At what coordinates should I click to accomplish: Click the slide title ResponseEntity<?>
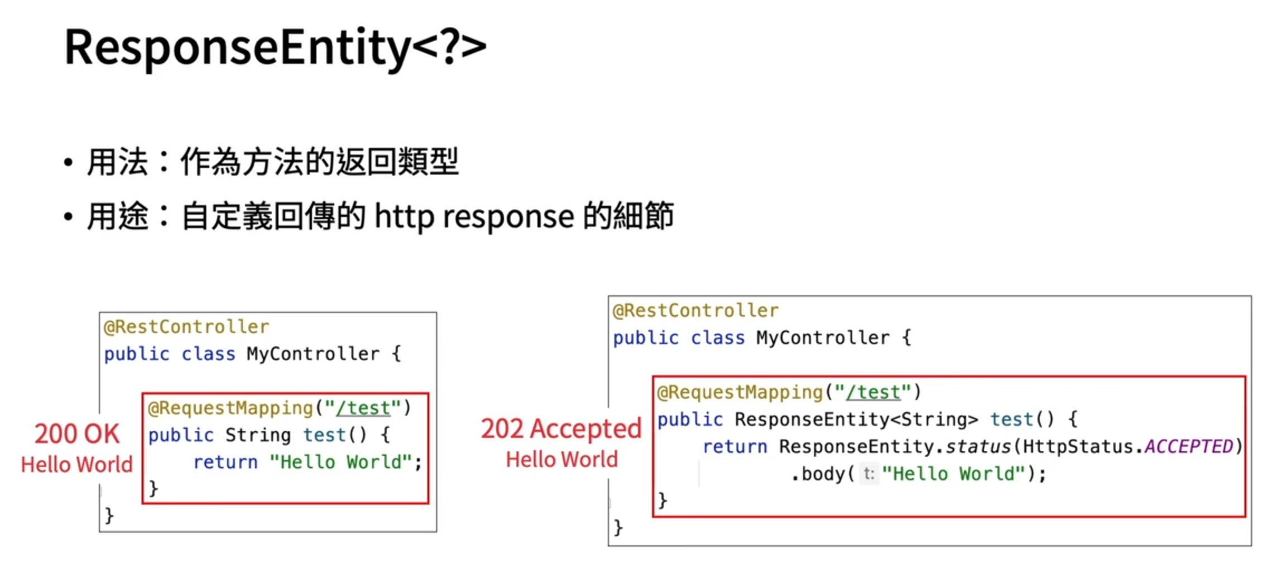point(275,47)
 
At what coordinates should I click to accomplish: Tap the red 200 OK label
point(77,434)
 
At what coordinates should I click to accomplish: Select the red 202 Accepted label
point(561,429)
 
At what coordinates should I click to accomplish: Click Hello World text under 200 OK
point(77,465)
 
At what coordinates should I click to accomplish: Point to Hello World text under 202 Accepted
point(561,460)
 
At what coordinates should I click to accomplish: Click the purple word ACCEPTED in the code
point(1189,446)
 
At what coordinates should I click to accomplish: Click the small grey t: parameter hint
point(868,474)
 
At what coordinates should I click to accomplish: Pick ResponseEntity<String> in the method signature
point(856,419)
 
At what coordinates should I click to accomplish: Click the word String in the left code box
point(258,435)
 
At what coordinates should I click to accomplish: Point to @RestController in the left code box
point(186,327)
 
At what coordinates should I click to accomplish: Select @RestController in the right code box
point(695,311)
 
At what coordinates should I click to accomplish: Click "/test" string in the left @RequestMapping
point(363,408)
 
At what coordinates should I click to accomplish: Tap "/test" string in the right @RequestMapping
point(873,392)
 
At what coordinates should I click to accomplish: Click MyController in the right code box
point(823,338)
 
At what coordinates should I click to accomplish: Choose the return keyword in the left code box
point(225,462)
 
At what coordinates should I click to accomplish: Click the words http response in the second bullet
point(474,216)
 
